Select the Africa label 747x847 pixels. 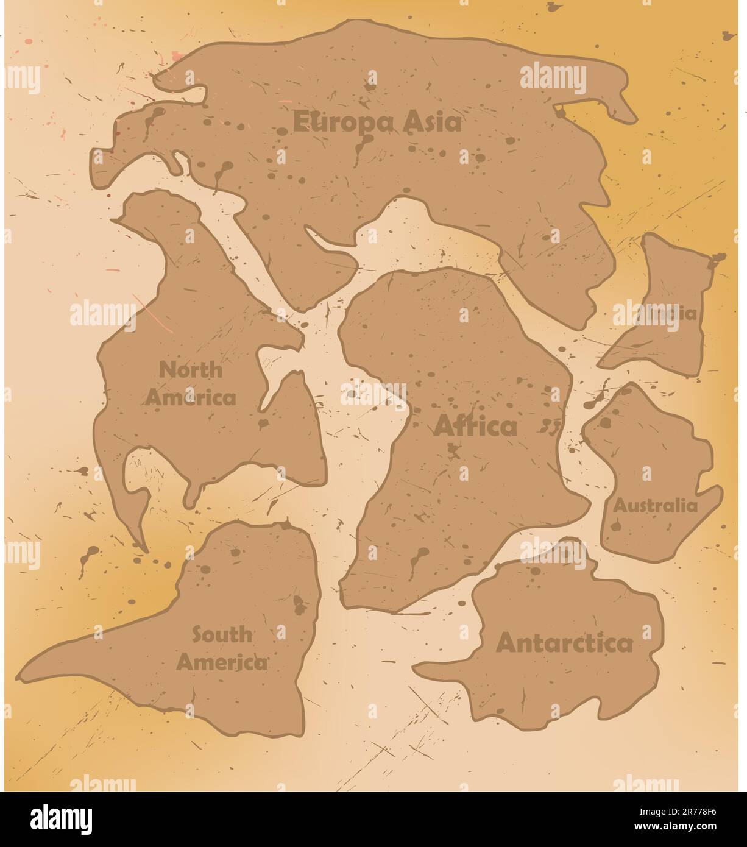[x=475, y=427]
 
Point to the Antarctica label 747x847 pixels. [x=565, y=643]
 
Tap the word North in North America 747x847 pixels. [x=191, y=369]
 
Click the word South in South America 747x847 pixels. [x=222, y=634]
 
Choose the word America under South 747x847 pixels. [x=222, y=662]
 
